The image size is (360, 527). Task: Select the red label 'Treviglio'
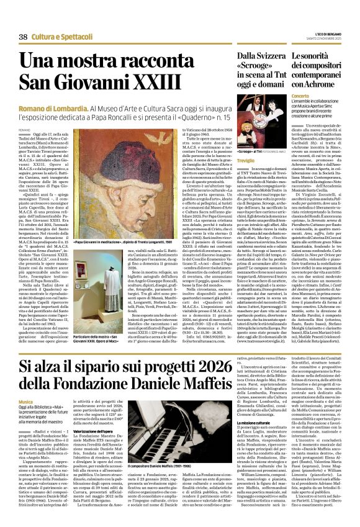(x=246, y=161)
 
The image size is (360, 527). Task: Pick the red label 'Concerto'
(x=300, y=97)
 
